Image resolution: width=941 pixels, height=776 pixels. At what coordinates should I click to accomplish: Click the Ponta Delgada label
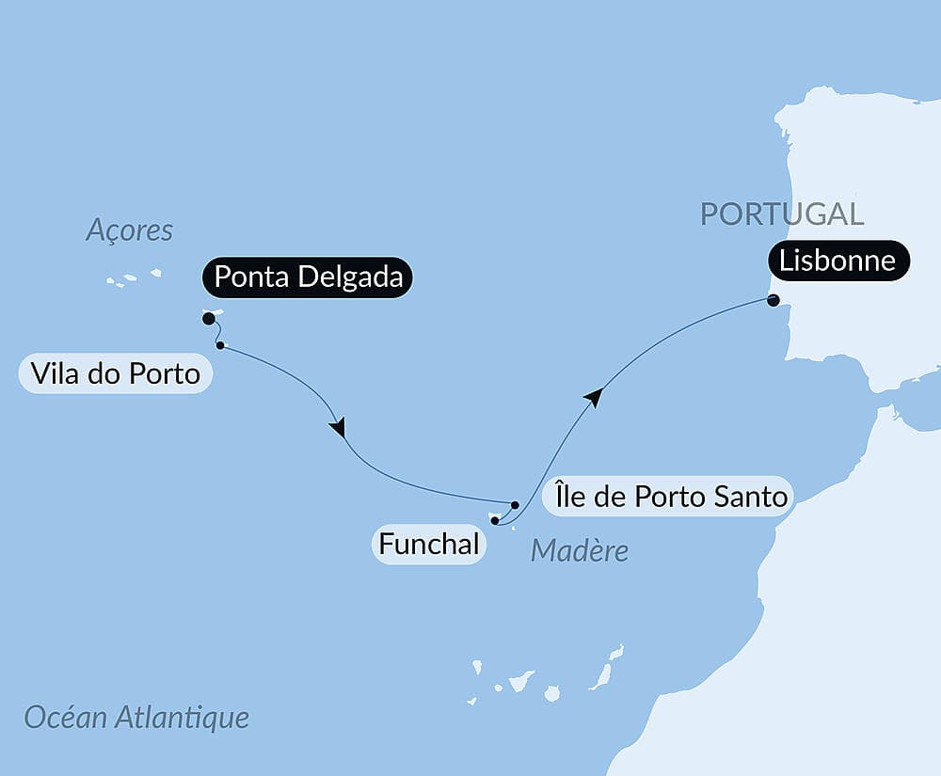click(308, 277)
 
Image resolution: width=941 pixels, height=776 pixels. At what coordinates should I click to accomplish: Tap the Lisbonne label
click(838, 261)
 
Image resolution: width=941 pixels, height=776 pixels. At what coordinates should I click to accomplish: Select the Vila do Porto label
click(115, 373)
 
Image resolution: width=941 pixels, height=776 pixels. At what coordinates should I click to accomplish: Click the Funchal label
click(429, 544)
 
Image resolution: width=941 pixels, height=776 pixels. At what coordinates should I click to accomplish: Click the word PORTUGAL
click(782, 214)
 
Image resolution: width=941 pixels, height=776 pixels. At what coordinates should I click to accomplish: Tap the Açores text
click(130, 230)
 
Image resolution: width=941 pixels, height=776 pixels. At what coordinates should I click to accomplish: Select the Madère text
click(580, 550)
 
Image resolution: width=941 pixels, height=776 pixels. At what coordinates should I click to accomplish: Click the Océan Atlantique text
click(137, 718)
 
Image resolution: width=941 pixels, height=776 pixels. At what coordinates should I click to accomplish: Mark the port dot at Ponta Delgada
click(208, 319)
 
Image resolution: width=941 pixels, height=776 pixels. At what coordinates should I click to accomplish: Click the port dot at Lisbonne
click(773, 301)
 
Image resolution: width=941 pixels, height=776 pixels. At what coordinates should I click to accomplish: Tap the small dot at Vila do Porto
click(220, 345)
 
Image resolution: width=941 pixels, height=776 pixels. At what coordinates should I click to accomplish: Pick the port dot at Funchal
click(494, 519)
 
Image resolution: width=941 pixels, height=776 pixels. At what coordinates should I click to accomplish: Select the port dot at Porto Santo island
click(515, 504)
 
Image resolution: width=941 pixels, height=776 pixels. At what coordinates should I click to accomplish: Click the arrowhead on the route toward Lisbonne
click(592, 397)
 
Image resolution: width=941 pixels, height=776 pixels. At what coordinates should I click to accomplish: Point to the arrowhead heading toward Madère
click(338, 428)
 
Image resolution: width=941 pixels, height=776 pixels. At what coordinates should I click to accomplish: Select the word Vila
click(52, 373)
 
